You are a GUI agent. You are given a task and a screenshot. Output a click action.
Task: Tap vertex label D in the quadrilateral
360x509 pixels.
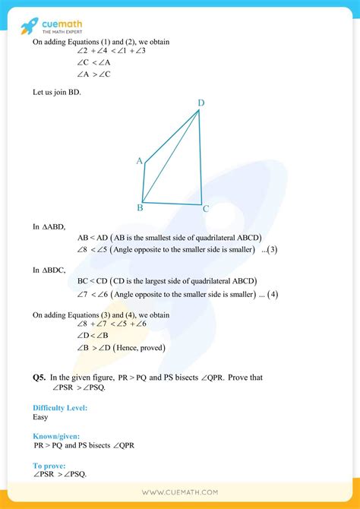(201, 103)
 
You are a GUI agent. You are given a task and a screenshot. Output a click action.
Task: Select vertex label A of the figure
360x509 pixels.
(140, 161)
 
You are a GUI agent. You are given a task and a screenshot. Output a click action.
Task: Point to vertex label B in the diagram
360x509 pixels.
(141, 207)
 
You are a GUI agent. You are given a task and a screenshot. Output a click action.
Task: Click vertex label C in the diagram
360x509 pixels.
(206, 207)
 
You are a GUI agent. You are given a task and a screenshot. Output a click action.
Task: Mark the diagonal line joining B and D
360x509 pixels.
(172, 157)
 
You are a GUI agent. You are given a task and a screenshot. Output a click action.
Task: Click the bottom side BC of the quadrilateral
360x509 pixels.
(173, 204)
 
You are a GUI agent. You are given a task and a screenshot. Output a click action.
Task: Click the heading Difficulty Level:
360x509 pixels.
(60, 408)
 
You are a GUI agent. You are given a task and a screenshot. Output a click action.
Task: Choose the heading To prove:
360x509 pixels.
(49, 465)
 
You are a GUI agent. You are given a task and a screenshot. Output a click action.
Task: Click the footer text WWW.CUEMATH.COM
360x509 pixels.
(180, 493)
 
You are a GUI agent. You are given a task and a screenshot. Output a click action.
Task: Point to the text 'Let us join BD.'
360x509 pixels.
(56, 93)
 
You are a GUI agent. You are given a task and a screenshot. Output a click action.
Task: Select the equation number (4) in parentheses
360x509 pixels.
(273, 294)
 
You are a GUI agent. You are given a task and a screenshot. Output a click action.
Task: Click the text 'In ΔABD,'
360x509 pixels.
(49, 226)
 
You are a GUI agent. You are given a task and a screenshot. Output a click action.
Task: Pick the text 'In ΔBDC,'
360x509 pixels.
(49, 270)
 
